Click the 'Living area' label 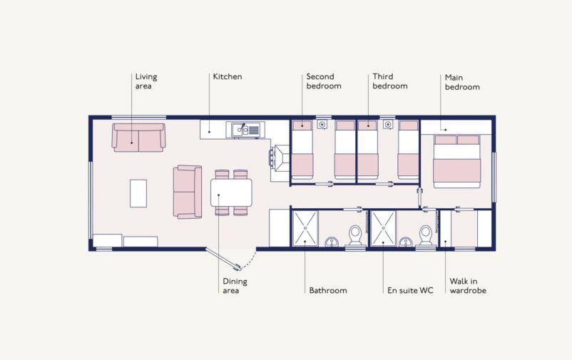pos(146,81)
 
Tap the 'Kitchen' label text pos(227,76)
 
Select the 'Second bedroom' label pos(323,81)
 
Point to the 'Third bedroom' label pos(389,81)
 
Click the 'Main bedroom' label pos(462,82)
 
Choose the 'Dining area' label pos(235,285)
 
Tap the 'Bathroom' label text pos(327,290)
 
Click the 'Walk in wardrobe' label pos(468,285)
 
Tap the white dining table pos(231,192)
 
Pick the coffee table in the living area pos(138,192)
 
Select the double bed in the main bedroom pos(457,162)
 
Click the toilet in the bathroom pos(354,236)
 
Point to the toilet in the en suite pos(427,236)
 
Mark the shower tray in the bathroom pos(305,228)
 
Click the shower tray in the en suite pos(383,228)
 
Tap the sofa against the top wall pos(138,137)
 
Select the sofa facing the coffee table pos(188,192)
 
